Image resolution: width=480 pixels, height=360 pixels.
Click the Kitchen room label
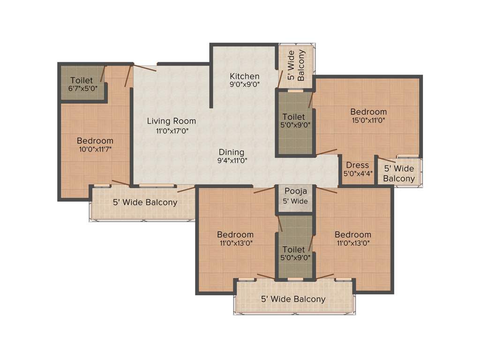tap(244, 76)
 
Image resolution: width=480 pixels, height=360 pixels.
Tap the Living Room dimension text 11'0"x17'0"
tap(172, 131)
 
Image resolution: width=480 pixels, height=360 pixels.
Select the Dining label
tap(232, 152)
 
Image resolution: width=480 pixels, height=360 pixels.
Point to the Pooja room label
tap(295, 191)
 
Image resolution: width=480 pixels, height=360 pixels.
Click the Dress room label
tap(357, 165)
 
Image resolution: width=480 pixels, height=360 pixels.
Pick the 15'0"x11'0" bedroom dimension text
tap(368, 120)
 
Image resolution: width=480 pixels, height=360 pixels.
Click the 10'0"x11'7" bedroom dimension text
tap(95, 150)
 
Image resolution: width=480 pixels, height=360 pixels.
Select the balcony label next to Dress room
tap(399, 173)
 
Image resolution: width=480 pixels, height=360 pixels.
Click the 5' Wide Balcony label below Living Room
tap(145, 202)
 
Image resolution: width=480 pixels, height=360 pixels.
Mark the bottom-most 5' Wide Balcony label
tap(293, 299)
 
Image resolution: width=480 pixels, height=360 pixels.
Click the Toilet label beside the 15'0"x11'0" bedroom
tap(294, 116)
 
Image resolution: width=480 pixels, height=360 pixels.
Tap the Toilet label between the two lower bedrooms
tap(294, 249)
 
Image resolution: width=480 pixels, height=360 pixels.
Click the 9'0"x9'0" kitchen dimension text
tap(244, 84)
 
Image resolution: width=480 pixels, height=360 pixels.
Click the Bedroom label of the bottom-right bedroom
tap(352, 234)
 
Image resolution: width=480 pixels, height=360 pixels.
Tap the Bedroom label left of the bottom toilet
tap(235, 234)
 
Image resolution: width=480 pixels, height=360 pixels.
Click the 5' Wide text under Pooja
tap(295, 201)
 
